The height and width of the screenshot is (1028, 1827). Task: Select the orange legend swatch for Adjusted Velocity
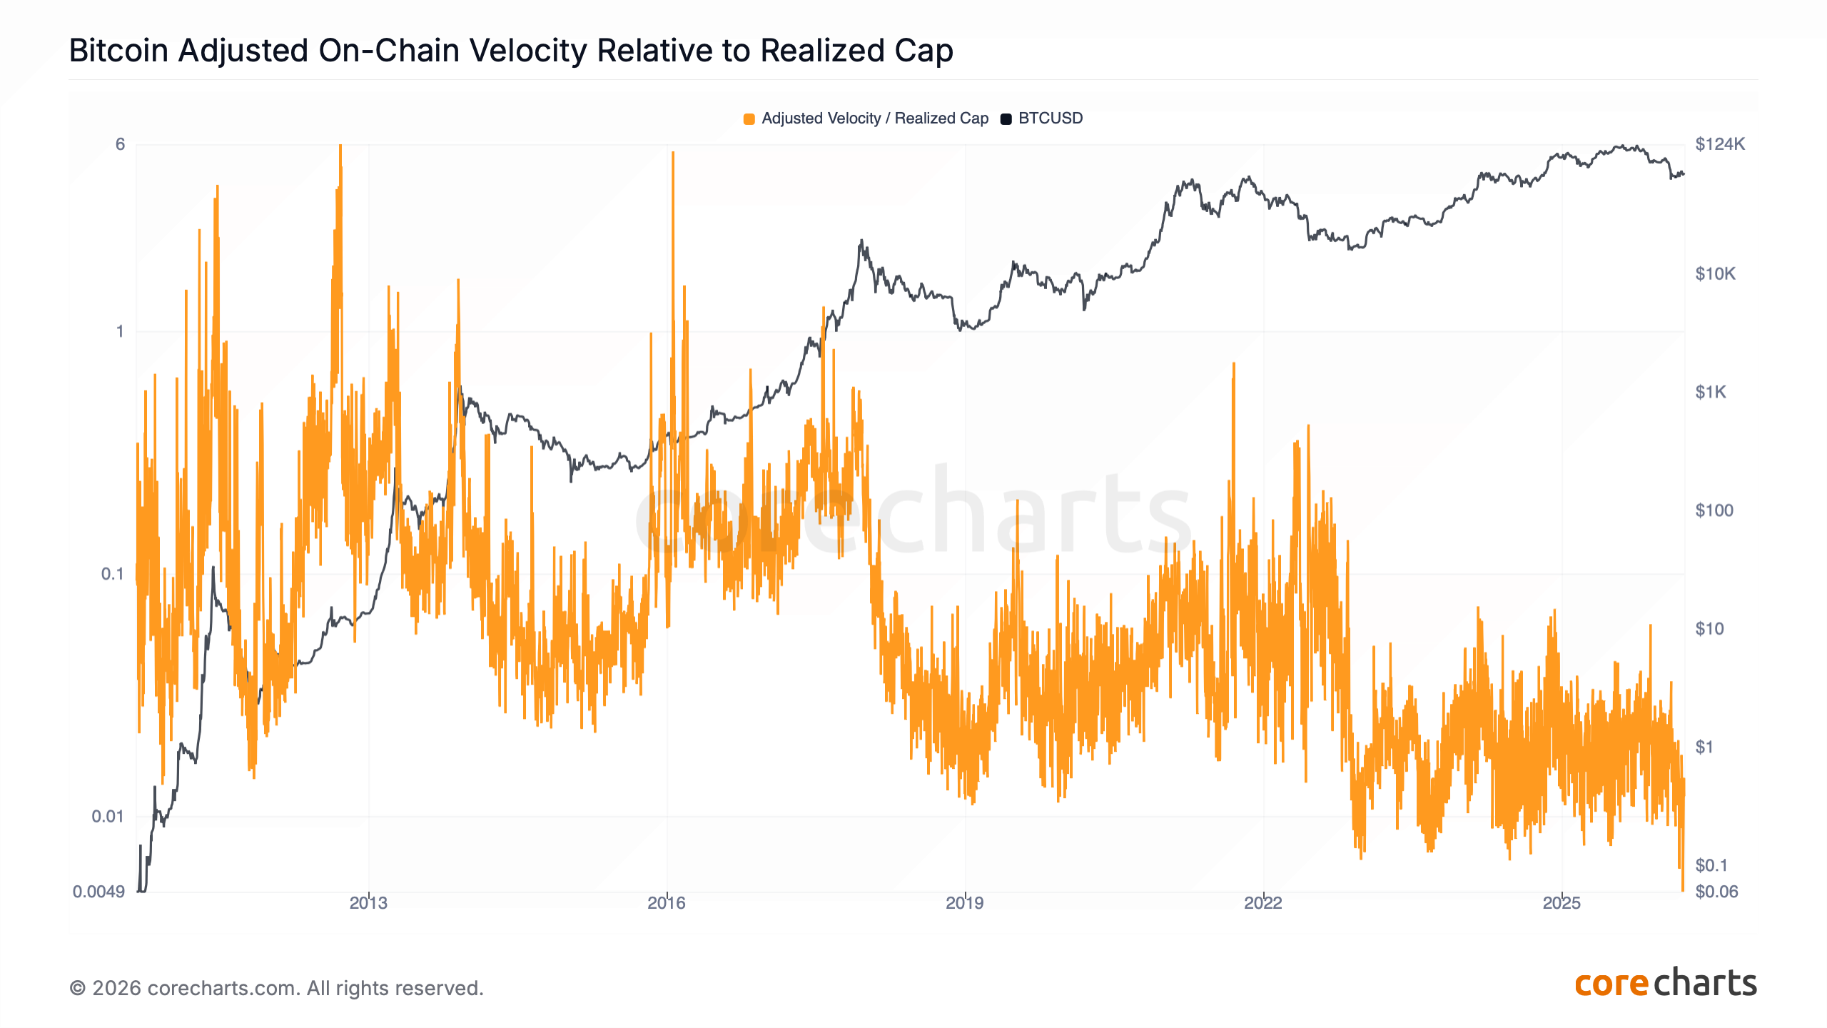[749, 119]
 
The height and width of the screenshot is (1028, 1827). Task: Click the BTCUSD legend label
[1050, 119]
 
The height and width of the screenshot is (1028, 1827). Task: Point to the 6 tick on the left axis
[120, 144]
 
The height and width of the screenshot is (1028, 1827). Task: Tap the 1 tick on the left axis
[120, 331]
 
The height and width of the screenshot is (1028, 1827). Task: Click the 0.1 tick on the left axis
[112, 574]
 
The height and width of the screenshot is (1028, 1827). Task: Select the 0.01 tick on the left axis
[108, 816]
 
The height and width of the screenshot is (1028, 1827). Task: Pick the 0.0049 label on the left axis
[98, 892]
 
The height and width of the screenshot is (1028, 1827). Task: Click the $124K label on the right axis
[1720, 144]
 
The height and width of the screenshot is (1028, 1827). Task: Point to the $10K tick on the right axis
[1715, 274]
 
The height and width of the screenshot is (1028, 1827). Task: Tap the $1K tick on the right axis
[1711, 392]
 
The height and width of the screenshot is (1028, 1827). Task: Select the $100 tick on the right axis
[1714, 510]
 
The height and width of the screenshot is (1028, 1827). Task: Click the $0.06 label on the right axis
[1716, 892]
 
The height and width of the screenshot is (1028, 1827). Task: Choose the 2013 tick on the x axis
[368, 903]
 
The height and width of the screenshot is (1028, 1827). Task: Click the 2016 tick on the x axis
[667, 903]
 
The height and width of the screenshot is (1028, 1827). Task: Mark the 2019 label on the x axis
[965, 903]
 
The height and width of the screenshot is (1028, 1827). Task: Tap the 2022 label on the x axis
[1263, 903]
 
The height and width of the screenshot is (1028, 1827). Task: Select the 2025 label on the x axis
[1562, 903]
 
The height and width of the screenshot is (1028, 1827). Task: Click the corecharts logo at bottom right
[1665, 984]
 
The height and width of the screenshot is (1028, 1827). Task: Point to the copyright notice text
[276, 988]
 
